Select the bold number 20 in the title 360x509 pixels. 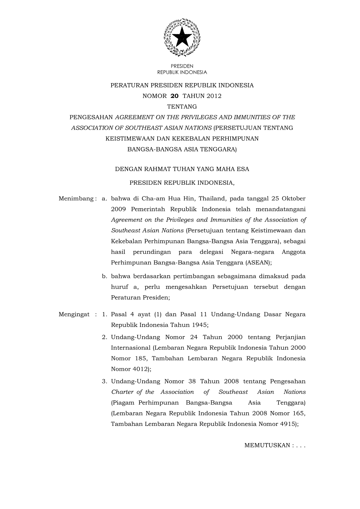coord(175,96)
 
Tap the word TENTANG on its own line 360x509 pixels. coord(182,107)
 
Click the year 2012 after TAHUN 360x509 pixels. coord(214,96)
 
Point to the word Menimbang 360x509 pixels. coord(76,199)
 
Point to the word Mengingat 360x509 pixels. coord(74,314)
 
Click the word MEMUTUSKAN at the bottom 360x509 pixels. coord(267,446)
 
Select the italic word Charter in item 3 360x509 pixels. coord(122,392)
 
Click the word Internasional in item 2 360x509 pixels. coord(131,348)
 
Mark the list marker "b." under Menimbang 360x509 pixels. coord(105,276)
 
